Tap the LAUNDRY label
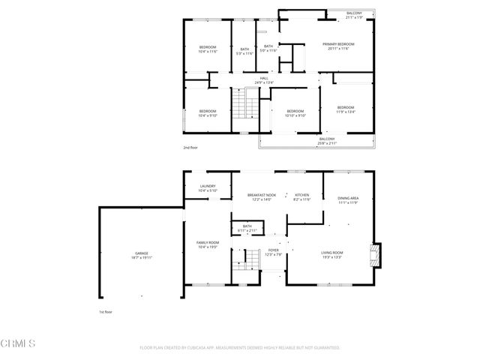tap(208, 188)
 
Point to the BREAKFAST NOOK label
tap(262, 197)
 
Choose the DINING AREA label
tap(349, 200)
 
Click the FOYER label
tap(273, 253)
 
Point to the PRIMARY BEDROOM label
tap(333, 46)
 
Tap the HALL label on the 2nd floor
tap(264, 80)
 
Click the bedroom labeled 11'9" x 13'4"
tap(346, 109)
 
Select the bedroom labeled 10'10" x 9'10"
tap(295, 113)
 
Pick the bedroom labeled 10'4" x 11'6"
tap(208, 49)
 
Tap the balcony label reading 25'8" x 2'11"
tap(327, 140)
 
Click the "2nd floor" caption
tap(190, 148)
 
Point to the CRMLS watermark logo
tap(19, 344)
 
